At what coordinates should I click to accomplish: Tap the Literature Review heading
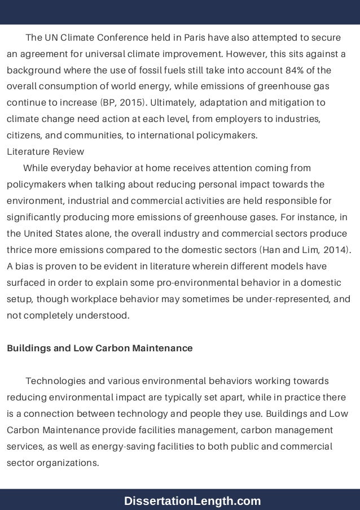(x=45, y=151)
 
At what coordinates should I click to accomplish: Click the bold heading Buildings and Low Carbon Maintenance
(x=99, y=348)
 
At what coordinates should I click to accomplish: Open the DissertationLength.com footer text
(x=193, y=500)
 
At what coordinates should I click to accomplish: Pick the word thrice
(x=19, y=250)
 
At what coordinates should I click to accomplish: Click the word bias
(x=24, y=266)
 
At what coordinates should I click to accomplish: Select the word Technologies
(x=54, y=381)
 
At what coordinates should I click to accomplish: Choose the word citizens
(x=24, y=136)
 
